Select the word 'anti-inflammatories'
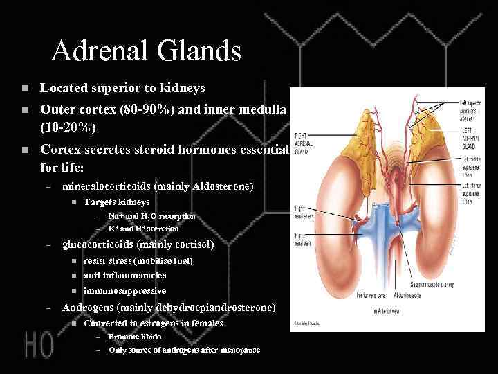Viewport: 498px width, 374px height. pos(124,275)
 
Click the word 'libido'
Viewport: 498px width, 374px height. pos(150,337)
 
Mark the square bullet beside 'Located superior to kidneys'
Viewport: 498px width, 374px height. pos(24,89)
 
